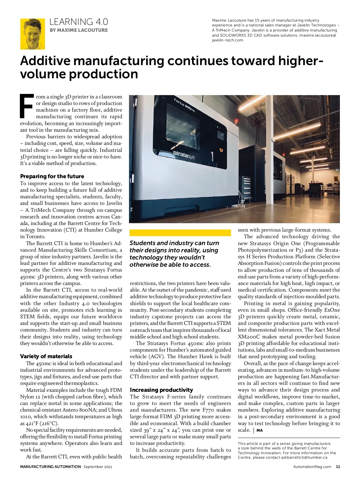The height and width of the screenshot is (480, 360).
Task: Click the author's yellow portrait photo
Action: click(32, 34)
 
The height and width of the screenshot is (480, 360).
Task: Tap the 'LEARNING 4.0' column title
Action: click(79, 22)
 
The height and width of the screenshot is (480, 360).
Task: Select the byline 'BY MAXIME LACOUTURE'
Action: click(79, 30)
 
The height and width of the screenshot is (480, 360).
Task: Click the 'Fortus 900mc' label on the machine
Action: click(185, 105)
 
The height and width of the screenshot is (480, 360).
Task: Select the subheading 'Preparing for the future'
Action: click(52, 176)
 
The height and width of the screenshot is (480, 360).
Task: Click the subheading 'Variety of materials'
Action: click(46, 356)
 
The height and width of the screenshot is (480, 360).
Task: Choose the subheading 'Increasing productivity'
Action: click(161, 390)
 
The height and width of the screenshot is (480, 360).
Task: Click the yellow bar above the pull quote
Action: click(180, 233)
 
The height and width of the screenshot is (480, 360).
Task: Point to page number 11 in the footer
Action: click(338, 466)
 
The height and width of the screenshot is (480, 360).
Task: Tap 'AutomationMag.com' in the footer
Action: click(312, 466)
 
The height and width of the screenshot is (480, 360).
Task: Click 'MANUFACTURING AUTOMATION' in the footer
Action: click(50, 466)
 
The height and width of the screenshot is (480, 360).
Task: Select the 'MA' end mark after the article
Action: click(259, 430)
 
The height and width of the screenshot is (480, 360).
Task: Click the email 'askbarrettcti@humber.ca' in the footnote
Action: click(304, 457)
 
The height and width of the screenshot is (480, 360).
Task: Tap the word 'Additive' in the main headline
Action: click(45, 61)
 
